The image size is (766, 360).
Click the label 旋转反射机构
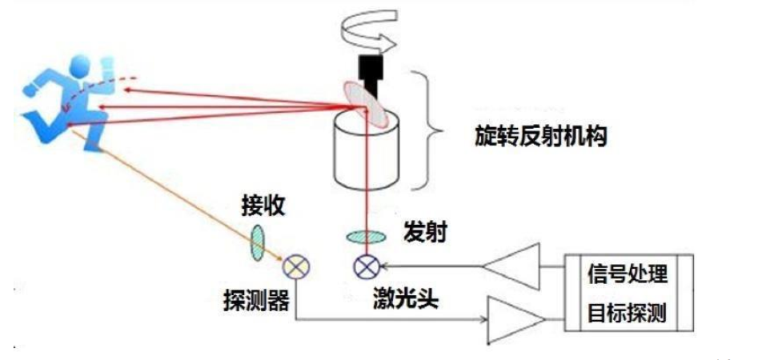541,136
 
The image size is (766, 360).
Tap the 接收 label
263,207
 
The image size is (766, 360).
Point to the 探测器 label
256,301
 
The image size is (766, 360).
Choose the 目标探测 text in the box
627,313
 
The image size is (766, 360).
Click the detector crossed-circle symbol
296,267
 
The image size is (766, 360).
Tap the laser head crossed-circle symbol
367,267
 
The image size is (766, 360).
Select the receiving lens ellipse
258,242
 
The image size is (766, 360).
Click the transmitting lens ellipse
366,238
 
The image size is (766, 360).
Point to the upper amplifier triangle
511,266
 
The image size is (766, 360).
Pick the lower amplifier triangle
516,319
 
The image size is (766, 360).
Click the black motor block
371,74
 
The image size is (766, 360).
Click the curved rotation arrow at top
369,30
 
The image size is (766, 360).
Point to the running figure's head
81,65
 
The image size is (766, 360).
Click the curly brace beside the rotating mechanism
427,130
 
